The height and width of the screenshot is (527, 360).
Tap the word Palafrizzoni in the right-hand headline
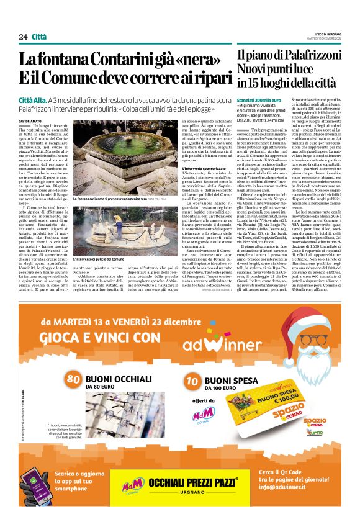308,55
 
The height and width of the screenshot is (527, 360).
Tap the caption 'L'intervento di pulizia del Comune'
99,257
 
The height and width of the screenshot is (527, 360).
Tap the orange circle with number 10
192,363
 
